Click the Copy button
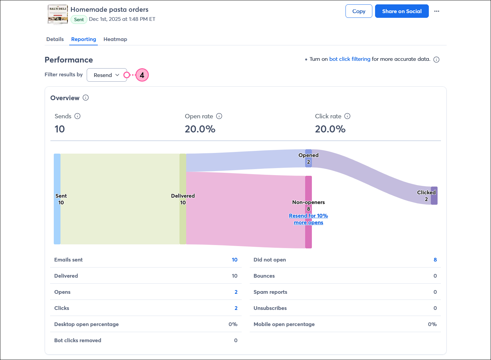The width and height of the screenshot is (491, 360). [x=359, y=11]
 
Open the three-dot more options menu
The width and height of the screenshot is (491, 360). [x=437, y=11]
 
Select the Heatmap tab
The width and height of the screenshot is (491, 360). [x=115, y=39]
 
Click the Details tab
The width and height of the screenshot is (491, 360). [x=55, y=39]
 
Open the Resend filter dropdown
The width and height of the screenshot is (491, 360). [x=107, y=75]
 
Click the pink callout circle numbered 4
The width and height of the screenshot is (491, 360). [x=142, y=75]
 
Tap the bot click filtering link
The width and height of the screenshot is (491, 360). [x=350, y=59]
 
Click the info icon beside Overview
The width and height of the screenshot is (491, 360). [x=86, y=98]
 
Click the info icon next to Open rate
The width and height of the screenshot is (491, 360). [x=219, y=116]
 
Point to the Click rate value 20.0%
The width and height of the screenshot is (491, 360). [x=330, y=129]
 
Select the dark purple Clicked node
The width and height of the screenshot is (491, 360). [x=434, y=196]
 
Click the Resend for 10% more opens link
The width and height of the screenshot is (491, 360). [x=308, y=219]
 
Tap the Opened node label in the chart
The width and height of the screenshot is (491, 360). [x=308, y=155]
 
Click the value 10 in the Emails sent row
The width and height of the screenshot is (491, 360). [x=234, y=259]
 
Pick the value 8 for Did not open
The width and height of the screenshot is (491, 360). [x=435, y=259]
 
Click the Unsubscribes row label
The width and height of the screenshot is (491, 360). [x=270, y=308]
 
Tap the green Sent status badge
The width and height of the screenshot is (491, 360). [x=79, y=19]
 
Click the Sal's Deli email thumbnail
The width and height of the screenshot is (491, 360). [x=57, y=14]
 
